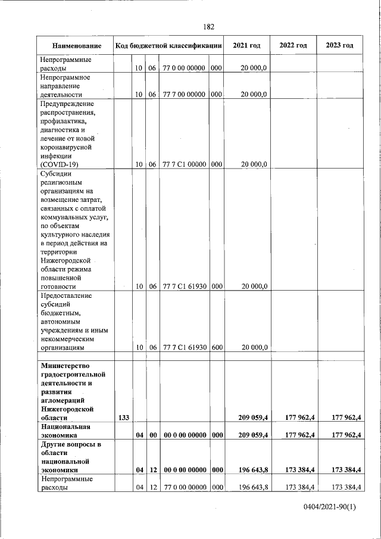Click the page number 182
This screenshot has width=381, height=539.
pyautogui.click(x=208, y=27)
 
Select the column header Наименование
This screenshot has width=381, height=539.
pyautogui.click(x=76, y=46)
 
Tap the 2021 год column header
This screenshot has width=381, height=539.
pyautogui.click(x=246, y=46)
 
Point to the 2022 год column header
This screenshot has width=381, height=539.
pyautogui.click(x=293, y=46)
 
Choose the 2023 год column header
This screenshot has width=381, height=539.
pyautogui.click(x=340, y=46)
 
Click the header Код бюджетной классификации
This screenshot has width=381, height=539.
pyautogui.click(x=168, y=46)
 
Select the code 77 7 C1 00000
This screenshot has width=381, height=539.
pyautogui.click(x=185, y=164)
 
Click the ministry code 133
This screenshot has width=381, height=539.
pyautogui.click(x=124, y=418)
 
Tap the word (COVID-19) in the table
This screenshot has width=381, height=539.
pyautogui.click(x=59, y=164)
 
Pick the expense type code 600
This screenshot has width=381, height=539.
pyautogui.click(x=216, y=347)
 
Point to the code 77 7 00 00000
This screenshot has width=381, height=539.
pyautogui.click(x=185, y=94)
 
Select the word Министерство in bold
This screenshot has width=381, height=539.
pyautogui.click(x=65, y=365)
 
